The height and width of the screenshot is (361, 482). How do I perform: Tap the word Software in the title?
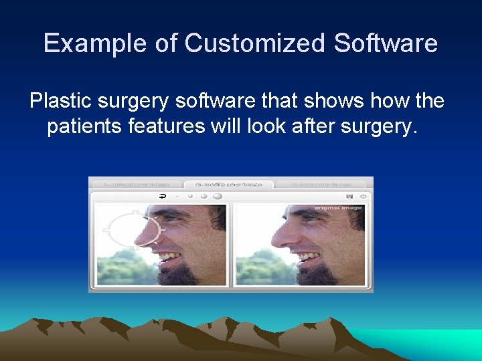click(386, 43)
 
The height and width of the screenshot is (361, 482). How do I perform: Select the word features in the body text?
click(171, 126)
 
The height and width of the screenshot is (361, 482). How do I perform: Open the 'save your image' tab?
click(323, 183)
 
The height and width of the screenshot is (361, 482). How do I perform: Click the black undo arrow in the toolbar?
click(163, 197)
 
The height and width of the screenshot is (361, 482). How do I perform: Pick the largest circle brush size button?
click(217, 197)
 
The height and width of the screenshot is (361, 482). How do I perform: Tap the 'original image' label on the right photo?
click(338, 208)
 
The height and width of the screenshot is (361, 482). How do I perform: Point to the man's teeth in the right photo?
click(307, 256)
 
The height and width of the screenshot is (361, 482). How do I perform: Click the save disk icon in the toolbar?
click(349, 197)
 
